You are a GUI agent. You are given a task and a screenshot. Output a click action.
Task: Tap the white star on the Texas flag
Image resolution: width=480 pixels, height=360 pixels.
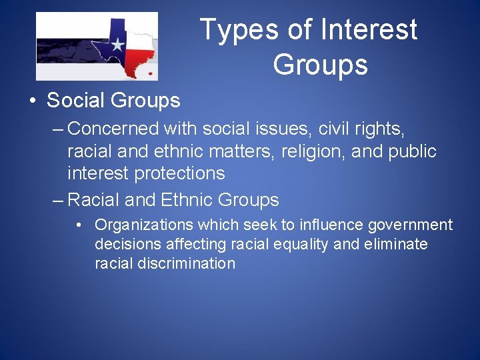(117, 45)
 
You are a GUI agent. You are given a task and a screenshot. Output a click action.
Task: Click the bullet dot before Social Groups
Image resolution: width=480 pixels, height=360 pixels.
(33, 101)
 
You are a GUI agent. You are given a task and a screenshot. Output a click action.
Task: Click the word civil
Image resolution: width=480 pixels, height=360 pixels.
(325, 128)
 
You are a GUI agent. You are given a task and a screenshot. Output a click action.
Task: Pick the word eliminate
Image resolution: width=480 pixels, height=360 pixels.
(396, 245)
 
